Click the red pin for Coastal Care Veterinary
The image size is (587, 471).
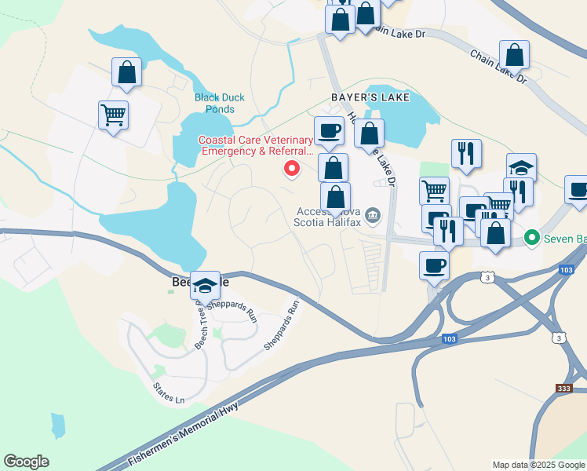[x=292, y=168]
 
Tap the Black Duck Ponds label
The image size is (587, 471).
[x=220, y=103]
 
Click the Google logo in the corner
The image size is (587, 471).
[x=26, y=462]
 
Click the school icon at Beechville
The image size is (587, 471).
[x=206, y=287]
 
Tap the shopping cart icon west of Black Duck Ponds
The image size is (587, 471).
[x=114, y=115]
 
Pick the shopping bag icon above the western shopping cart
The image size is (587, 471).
[x=126, y=72]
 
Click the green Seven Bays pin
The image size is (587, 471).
[x=531, y=236]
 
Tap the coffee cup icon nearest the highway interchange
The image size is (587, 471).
[x=434, y=265]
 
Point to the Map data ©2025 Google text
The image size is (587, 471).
[x=538, y=465]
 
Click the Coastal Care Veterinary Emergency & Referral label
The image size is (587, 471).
[x=256, y=145]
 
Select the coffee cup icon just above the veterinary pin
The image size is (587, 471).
[x=329, y=130]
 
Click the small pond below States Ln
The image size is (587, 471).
[x=58, y=425]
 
